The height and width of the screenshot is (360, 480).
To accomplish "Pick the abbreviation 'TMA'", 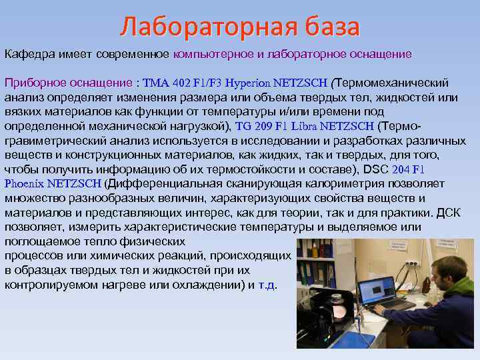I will pyautogui.click(x=156, y=83).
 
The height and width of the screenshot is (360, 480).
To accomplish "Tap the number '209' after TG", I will pyautogui.click(x=263, y=125).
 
